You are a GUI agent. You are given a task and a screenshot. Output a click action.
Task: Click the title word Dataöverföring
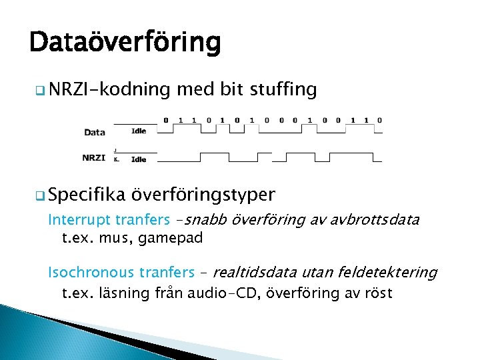click(x=125, y=43)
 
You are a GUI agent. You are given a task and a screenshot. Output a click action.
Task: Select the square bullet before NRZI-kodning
click(x=41, y=90)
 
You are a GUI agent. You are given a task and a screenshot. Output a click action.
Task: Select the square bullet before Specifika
click(x=41, y=195)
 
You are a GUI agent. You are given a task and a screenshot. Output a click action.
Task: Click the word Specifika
click(x=87, y=195)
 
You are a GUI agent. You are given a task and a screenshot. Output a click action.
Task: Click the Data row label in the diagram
click(x=95, y=132)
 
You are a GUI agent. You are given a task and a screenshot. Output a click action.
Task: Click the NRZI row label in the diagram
click(x=94, y=158)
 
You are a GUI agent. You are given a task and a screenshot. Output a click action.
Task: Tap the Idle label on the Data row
click(x=139, y=131)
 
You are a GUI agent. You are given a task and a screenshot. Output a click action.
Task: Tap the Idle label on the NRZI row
click(x=139, y=159)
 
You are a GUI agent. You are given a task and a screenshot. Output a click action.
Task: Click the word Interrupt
click(x=79, y=220)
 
